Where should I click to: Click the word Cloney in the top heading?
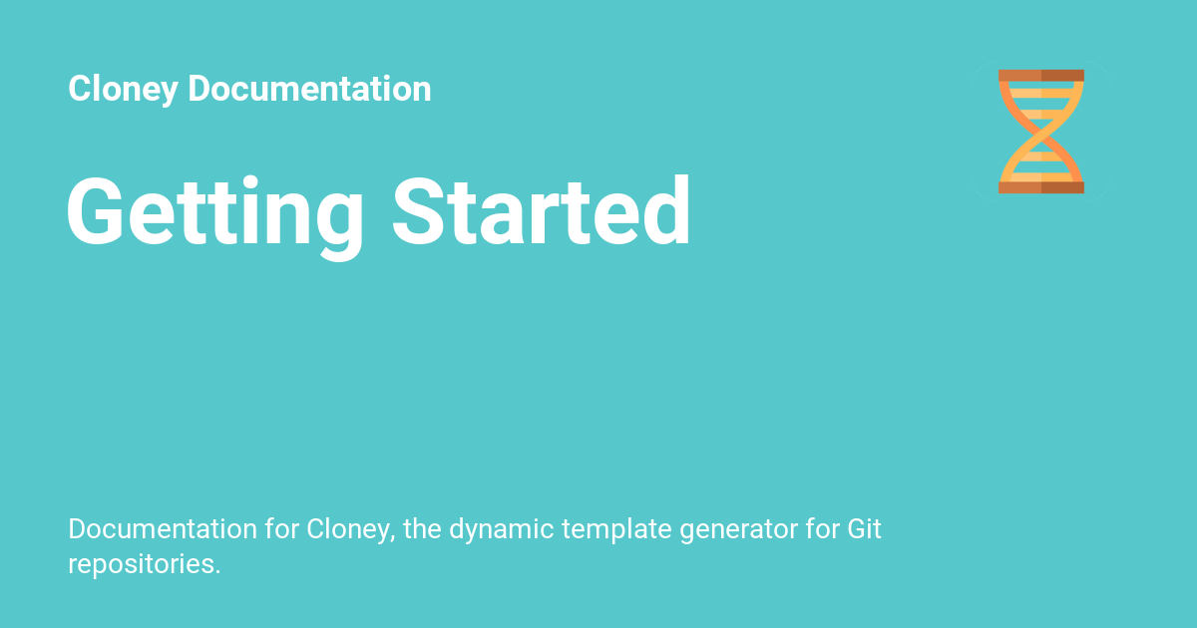[123, 89]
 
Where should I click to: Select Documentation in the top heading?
[309, 88]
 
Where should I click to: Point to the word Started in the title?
[542, 210]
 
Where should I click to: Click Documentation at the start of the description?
[163, 528]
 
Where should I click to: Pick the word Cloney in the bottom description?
[350, 530]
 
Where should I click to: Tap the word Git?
[864, 528]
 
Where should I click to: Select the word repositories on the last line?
[141, 565]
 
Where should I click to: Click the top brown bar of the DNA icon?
[1041, 76]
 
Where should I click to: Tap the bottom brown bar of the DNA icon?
[1041, 187]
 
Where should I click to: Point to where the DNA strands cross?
[1041, 132]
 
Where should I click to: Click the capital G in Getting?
[96, 210]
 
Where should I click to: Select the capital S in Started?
[420, 210]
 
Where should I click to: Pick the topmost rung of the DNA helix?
[1041, 94]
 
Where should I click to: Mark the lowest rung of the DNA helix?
[1041, 176]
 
